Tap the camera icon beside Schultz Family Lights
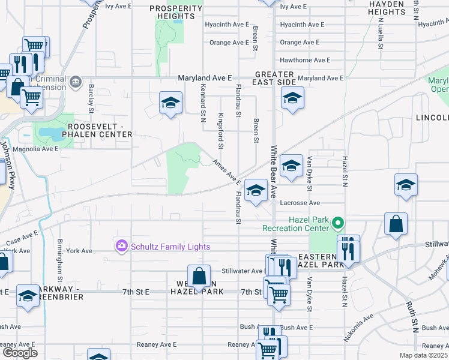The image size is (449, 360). [122, 245]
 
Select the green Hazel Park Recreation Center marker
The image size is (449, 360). [338, 223]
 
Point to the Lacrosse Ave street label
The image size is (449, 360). [298, 203]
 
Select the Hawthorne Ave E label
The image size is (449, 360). [305, 60]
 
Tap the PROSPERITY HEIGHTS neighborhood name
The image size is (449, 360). [176, 12]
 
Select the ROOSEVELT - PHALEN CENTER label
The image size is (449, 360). [100, 130]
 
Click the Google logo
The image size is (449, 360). [19, 353]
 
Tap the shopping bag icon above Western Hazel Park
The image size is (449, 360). [199, 275]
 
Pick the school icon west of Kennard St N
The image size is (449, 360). [170, 103]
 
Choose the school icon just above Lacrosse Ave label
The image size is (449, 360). [256, 191]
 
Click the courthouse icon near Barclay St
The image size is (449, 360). [75, 81]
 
